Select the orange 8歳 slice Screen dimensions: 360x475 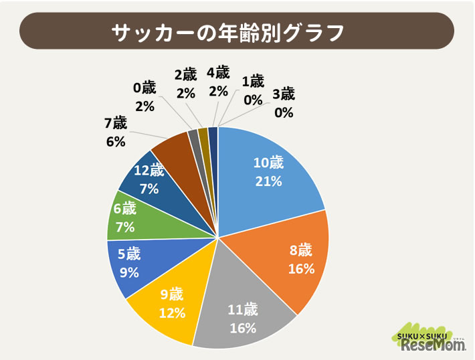[x=294, y=261]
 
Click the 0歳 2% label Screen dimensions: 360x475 [x=145, y=96]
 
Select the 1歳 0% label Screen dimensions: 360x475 [x=253, y=90]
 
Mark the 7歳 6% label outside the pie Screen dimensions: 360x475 [x=116, y=132]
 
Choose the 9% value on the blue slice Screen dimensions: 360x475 [x=129, y=272]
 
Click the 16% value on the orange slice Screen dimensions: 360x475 [x=301, y=269]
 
